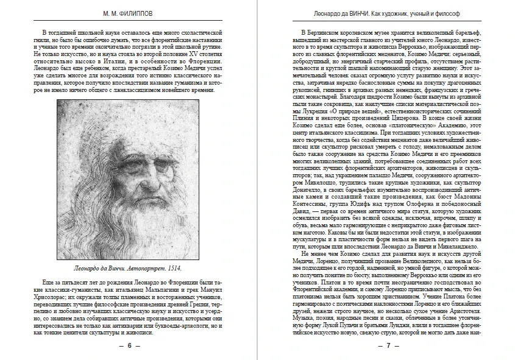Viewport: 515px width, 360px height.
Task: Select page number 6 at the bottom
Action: click(x=129, y=346)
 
